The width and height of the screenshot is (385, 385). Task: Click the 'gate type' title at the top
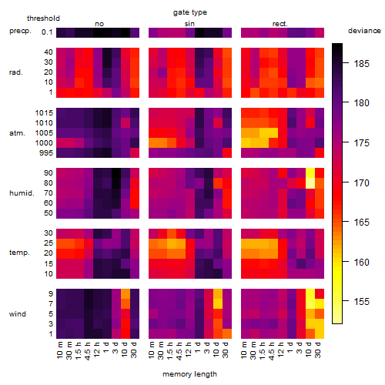click(190, 12)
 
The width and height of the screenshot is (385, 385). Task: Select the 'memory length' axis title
click(189, 374)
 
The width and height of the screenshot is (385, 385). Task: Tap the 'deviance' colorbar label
click(364, 31)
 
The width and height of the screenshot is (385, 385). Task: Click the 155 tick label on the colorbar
click(362, 301)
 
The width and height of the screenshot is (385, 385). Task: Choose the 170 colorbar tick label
click(362, 183)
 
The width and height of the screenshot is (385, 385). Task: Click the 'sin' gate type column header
click(189, 24)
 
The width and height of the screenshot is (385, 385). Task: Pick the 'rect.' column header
click(280, 24)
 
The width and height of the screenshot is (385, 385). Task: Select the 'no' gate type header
click(99, 24)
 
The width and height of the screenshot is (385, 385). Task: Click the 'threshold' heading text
click(43, 18)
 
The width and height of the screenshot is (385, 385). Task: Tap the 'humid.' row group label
click(22, 192)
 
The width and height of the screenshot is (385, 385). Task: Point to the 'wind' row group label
click(18, 313)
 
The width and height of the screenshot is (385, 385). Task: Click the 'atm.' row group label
click(17, 133)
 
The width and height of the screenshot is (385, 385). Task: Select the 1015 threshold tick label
click(44, 113)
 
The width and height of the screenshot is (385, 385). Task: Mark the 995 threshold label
click(46, 153)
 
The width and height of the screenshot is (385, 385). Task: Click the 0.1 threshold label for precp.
click(47, 32)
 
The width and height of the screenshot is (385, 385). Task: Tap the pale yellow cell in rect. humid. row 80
click(310, 183)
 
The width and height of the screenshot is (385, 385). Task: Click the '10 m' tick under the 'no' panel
click(60, 350)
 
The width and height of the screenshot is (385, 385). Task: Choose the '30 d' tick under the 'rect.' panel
click(318, 350)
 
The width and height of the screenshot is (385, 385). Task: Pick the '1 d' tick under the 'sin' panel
click(198, 347)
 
